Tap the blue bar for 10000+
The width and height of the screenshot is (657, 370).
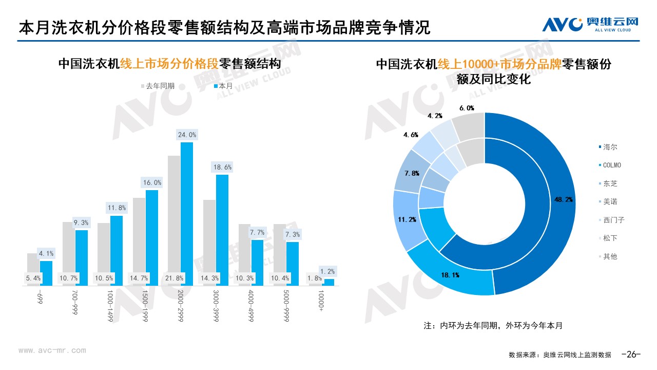pos(328,282)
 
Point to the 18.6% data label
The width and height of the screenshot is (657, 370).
pos(222,167)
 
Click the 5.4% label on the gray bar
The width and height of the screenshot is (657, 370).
pos(33,278)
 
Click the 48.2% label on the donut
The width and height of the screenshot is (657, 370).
pos(561,199)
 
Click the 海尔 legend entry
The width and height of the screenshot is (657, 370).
pos(610,147)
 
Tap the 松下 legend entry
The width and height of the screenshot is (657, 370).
pos(610,238)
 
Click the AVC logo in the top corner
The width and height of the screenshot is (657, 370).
pos(590,24)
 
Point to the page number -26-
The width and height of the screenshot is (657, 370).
pos(631,354)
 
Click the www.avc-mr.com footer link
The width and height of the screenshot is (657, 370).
pos(52,350)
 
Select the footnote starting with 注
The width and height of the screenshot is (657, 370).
pos(493,325)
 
